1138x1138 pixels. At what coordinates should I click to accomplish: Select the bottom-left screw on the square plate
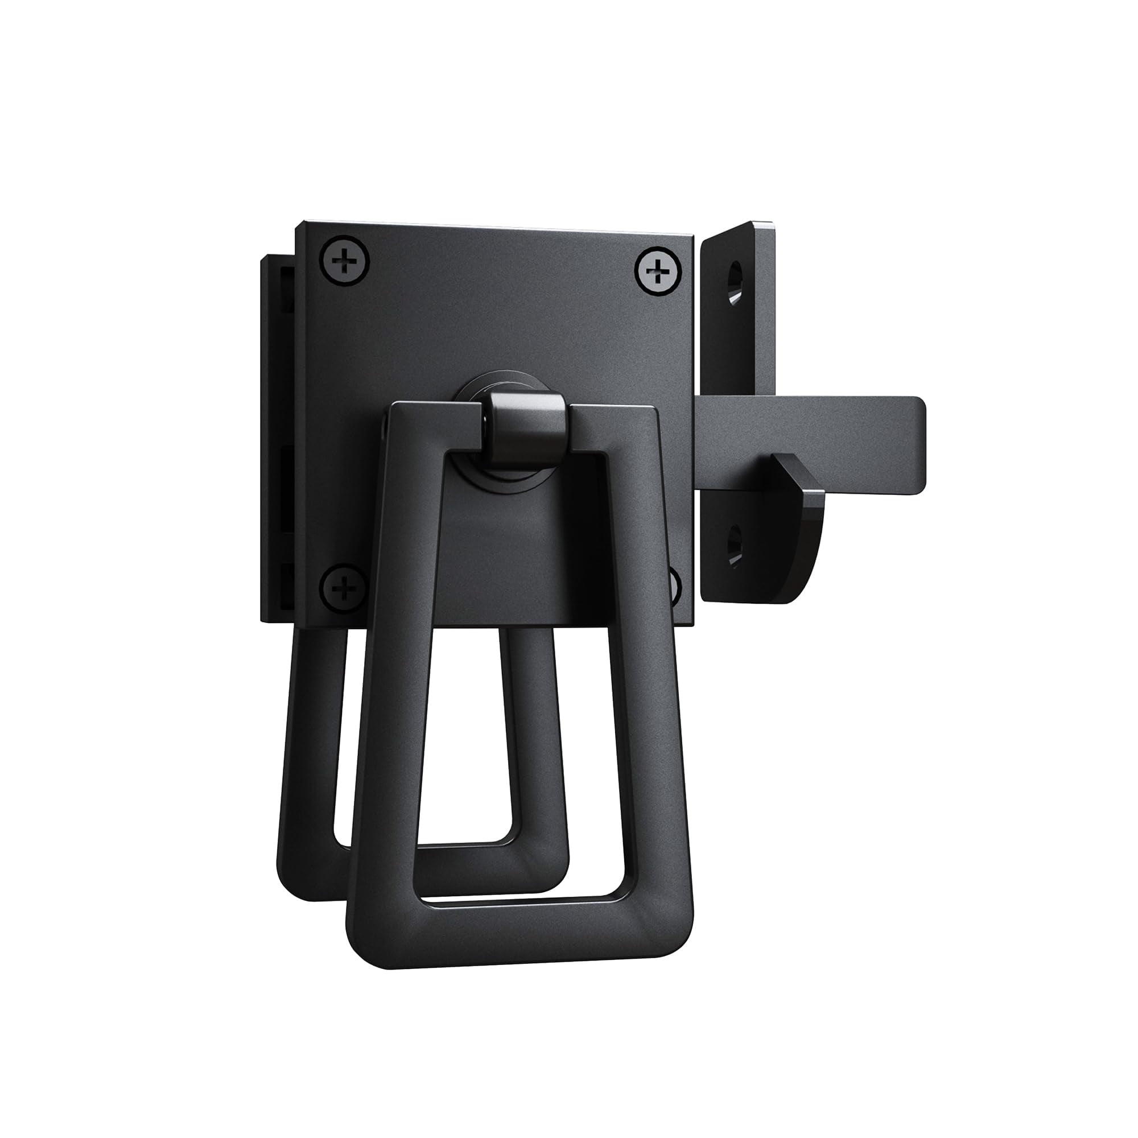[344, 588]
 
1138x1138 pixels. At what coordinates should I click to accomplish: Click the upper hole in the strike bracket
[735, 284]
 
